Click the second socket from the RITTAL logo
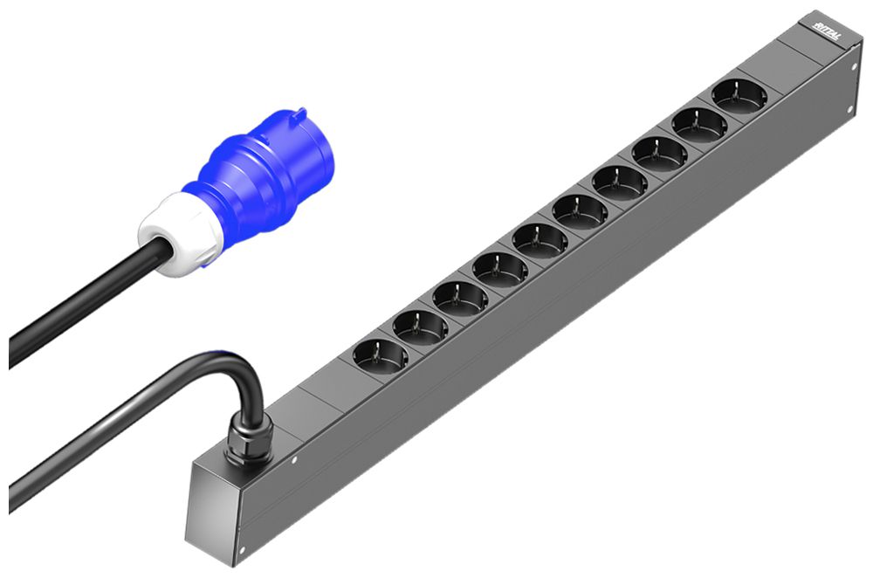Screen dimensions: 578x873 pos(699,124)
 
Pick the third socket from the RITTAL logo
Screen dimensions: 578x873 pos(659,153)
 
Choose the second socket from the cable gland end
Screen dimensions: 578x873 pos(420,326)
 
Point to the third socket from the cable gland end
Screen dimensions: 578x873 pos(460,297)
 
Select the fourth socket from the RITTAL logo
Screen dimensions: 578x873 pos(619,182)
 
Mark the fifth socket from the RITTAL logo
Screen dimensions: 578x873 pos(580,210)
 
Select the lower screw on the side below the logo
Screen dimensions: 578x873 pos(849,109)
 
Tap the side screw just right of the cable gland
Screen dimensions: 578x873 pos(294,460)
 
